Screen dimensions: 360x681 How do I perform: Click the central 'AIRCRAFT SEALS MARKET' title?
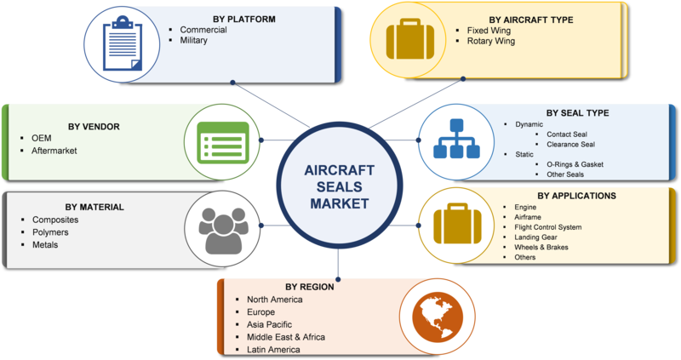(340, 185)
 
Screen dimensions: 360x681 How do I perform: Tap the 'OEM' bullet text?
(42, 138)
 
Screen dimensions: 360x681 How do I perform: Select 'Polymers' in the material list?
(52, 232)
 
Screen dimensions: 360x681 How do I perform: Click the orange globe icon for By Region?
(437, 314)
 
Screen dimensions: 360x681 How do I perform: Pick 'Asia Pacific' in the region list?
(269, 324)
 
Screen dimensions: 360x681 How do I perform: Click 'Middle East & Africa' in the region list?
(286, 337)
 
